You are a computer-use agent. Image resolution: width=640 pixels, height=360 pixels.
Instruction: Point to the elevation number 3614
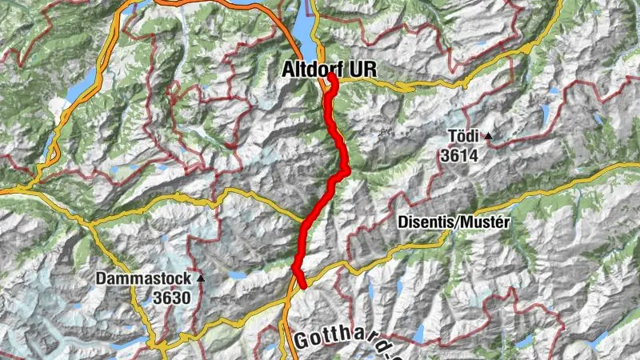pos(458,155)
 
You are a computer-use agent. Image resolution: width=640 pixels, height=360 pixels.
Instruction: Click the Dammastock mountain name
pos(143,279)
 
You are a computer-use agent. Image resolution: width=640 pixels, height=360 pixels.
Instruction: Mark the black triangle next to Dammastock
pos(201,279)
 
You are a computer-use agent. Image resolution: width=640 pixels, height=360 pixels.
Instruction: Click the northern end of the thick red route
pos(330,77)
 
